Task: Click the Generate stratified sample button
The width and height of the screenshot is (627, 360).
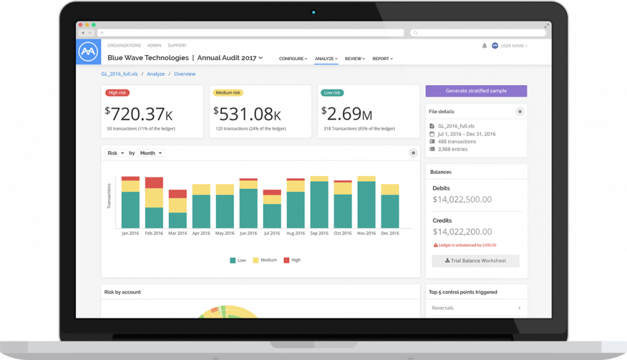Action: point(476,91)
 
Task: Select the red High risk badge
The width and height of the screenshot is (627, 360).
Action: point(117,93)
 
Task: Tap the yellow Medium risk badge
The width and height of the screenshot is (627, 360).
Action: point(228,93)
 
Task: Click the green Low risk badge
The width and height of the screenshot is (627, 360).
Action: point(332,93)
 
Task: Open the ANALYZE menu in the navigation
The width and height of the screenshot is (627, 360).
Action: point(326,59)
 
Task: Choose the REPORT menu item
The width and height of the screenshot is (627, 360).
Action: point(382,59)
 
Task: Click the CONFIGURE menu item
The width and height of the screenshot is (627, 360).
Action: point(293,59)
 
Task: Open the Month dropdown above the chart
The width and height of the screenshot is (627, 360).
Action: point(151,153)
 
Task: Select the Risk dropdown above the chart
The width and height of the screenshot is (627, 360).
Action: point(116,153)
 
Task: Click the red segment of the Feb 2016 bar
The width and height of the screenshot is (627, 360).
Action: point(154,183)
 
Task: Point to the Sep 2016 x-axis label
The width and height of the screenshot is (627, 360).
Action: point(319,233)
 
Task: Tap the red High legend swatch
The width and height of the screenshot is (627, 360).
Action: point(287,260)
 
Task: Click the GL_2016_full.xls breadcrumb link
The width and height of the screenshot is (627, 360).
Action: point(119,74)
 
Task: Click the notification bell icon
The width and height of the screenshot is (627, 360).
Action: point(484,45)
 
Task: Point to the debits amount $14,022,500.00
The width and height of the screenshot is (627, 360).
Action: point(462,200)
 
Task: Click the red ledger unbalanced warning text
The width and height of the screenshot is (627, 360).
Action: point(465,245)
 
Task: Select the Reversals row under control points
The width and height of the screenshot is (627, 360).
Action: point(476,308)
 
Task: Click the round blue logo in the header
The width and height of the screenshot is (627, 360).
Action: point(88,51)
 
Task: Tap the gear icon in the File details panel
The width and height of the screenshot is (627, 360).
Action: point(520,111)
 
